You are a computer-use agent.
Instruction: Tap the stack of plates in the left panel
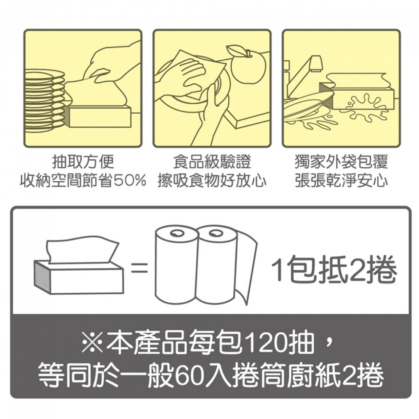pos(44,100)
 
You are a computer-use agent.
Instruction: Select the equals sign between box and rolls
pos(139,268)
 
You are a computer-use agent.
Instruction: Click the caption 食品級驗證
pos(212,162)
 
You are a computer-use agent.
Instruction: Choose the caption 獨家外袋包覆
pos(341,162)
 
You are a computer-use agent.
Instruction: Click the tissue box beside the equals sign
pos(79,274)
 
